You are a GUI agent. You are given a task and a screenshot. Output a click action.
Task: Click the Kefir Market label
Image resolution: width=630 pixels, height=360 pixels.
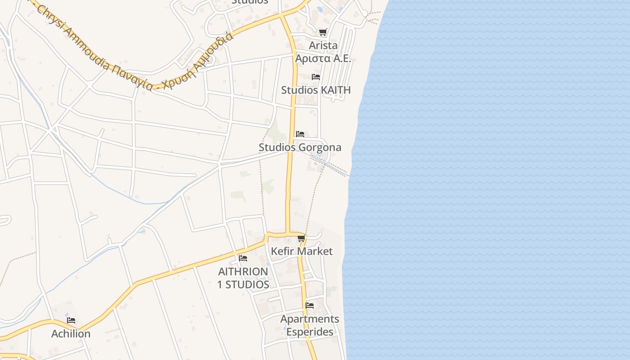pos(301,251)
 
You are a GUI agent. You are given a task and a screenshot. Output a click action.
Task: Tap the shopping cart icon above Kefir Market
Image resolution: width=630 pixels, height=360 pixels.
pos(301,238)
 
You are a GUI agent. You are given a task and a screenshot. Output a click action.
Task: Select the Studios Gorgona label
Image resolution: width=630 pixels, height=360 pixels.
pos(300,147)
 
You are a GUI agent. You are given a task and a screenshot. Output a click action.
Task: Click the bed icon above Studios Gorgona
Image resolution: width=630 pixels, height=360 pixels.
pos(300,134)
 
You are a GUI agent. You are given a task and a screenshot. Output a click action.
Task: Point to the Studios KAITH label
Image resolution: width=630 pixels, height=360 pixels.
pos(315,90)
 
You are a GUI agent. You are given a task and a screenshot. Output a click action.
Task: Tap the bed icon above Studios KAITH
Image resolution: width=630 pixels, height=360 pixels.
pos(316,77)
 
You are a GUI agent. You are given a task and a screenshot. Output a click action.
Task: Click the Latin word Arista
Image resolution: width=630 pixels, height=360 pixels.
pos(323,45)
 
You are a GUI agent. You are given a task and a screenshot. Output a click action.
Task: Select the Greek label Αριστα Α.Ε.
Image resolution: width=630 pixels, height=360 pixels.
pos(323,58)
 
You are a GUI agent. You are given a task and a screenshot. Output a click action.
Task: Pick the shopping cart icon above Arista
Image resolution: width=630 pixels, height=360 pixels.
pos(323,32)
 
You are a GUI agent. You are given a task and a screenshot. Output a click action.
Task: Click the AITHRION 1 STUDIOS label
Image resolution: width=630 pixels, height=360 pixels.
pos(243,278)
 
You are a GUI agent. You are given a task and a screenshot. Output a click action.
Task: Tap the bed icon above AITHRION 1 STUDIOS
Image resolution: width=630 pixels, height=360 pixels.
pos(243,258)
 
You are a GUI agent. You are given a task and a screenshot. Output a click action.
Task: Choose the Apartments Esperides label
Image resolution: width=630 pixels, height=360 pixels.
pos(310,325)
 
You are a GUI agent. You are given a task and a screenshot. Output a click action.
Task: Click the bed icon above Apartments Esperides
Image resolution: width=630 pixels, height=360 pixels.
pos(310,306)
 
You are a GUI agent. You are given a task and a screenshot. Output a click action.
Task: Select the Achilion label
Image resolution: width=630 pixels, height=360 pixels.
pos(71,333)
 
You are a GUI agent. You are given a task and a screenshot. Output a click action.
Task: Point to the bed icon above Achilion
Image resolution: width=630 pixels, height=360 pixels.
pos(71,321)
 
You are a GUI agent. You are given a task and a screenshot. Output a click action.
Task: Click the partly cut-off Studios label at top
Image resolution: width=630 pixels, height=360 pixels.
pos(249,2)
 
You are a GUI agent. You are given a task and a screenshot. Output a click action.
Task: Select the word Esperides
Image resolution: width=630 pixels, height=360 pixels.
pos(310,332)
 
